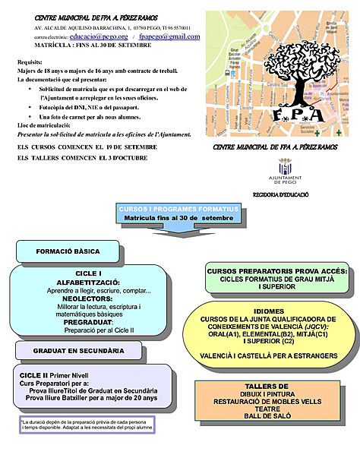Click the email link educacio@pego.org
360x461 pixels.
pyautogui.click(x=98, y=36)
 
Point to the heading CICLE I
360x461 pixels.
pyautogui.click(x=88, y=272)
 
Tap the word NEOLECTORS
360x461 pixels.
pyautogui.click(x=88, y=298)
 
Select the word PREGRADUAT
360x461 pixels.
pyautogui.click(x=88, y=322)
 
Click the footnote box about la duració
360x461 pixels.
pyautogui.click(x=85, y=425)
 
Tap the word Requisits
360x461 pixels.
pyautogui.click(x=30, y=62)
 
